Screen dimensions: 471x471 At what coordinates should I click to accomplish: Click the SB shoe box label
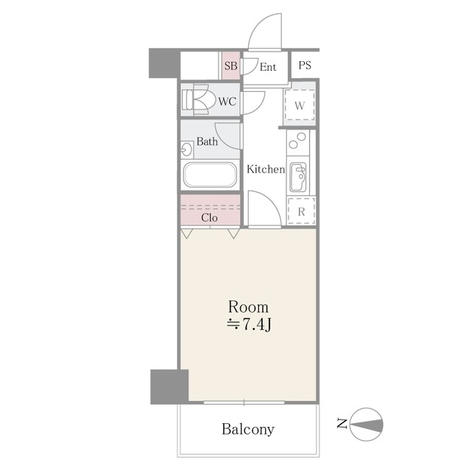tap(230, 65)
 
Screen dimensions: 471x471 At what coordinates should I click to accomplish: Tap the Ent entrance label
tap(268, 67)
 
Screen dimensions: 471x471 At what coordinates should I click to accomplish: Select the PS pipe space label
tap(305, 65)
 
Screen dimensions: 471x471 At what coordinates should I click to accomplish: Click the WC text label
tap(227, 102)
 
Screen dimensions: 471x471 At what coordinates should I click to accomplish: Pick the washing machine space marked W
tap(300, 105)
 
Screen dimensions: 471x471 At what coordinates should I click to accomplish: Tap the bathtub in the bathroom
tap(210, 175)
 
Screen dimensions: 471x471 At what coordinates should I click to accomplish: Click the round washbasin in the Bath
tap(186, 149)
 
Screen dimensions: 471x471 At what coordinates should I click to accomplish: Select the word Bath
tap(208, 141)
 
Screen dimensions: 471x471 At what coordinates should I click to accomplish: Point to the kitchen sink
tap(298, 177)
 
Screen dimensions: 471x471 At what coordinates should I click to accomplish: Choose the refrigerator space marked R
tap(301, 211)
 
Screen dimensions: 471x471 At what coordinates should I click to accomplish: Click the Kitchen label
tap(266, 169)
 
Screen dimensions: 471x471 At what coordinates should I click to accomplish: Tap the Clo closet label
tap(209, 218)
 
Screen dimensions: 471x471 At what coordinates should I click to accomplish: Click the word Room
tap(249, 307)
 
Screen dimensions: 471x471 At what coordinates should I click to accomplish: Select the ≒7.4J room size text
tap(249, 325)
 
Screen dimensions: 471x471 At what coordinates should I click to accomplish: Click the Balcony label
tap(248, 429)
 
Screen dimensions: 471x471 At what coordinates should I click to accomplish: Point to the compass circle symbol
tap(366, 425)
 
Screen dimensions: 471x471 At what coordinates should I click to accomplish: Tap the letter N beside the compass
tap(341, 424)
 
